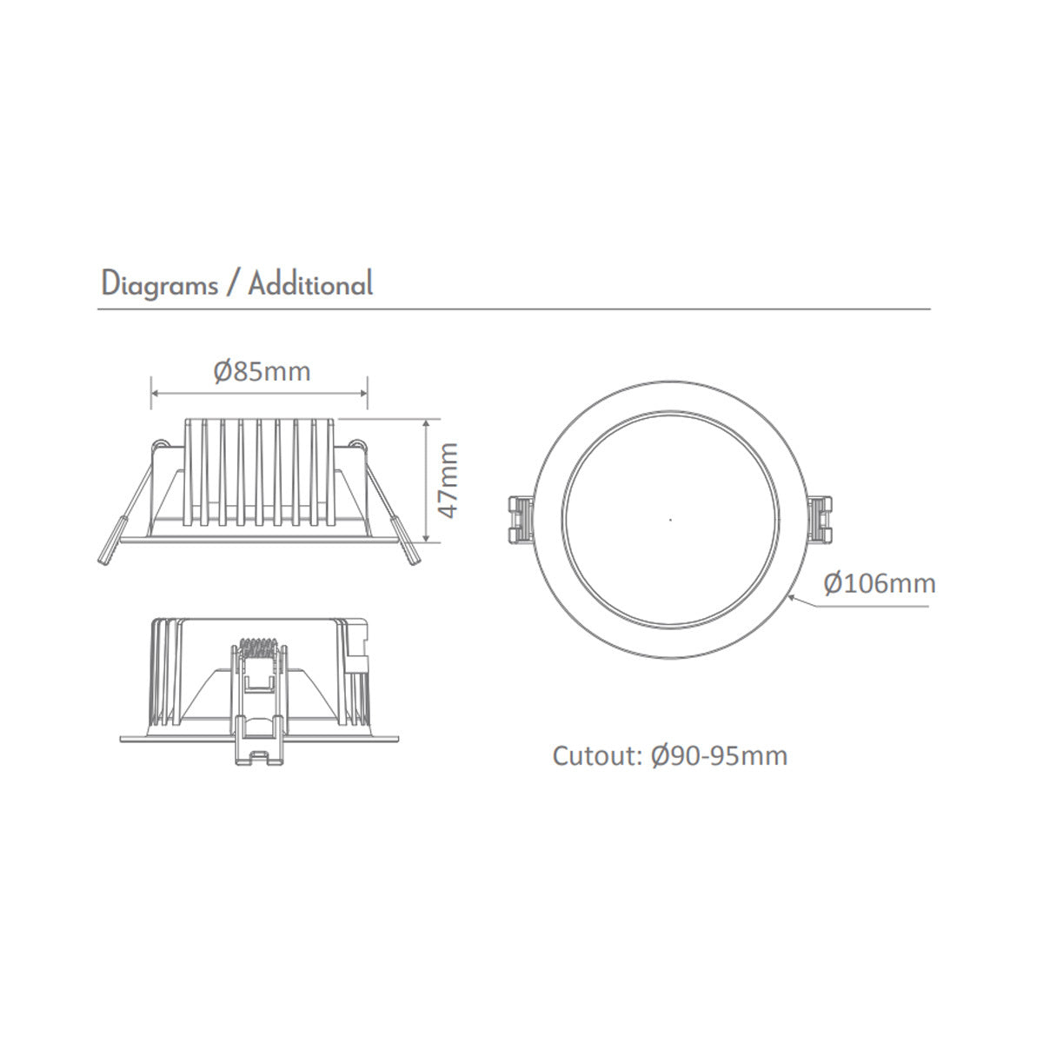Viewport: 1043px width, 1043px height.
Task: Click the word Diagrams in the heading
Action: [160, 285]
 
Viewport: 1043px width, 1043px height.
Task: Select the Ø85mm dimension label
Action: [262, 372]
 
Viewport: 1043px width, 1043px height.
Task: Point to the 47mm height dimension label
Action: [447, 481]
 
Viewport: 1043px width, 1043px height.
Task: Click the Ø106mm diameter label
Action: [880, 583]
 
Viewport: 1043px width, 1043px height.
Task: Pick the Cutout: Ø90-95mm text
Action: [670, 755]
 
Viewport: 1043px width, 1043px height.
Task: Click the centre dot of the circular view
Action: [669, 520]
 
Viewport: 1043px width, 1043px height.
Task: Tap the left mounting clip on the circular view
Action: [520, 520]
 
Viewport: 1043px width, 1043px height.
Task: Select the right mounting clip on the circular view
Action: [820, 520]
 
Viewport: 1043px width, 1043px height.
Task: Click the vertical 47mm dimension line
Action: [426, 480]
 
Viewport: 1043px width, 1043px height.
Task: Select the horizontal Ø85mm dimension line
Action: [259, 394]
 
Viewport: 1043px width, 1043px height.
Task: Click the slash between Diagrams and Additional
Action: [232, 285]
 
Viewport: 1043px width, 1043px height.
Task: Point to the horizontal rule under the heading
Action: [513, 309]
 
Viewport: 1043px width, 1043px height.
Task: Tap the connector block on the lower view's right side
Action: [357, 648]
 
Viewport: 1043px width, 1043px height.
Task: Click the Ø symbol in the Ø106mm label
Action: [833, 583]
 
